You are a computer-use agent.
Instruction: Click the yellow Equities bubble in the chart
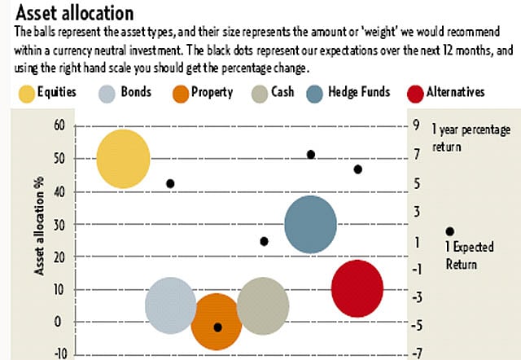pos(124,159)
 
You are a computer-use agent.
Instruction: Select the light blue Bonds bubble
pos(171,305)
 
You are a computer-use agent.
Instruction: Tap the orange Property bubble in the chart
pos(217,321)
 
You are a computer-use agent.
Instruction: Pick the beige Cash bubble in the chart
pos(263,305)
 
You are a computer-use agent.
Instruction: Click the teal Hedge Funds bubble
pos(310,224)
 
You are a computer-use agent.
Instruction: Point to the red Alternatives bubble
pos(357,288)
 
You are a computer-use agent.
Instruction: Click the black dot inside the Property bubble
pos(217,327)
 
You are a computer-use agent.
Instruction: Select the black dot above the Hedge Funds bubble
pos(310,154)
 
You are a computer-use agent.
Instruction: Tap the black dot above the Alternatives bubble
pos(357,169)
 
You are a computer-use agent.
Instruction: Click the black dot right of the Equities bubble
pos(170,183)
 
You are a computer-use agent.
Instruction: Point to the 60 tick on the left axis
pos(56,125)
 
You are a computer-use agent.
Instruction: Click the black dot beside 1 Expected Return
pos(450,232)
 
